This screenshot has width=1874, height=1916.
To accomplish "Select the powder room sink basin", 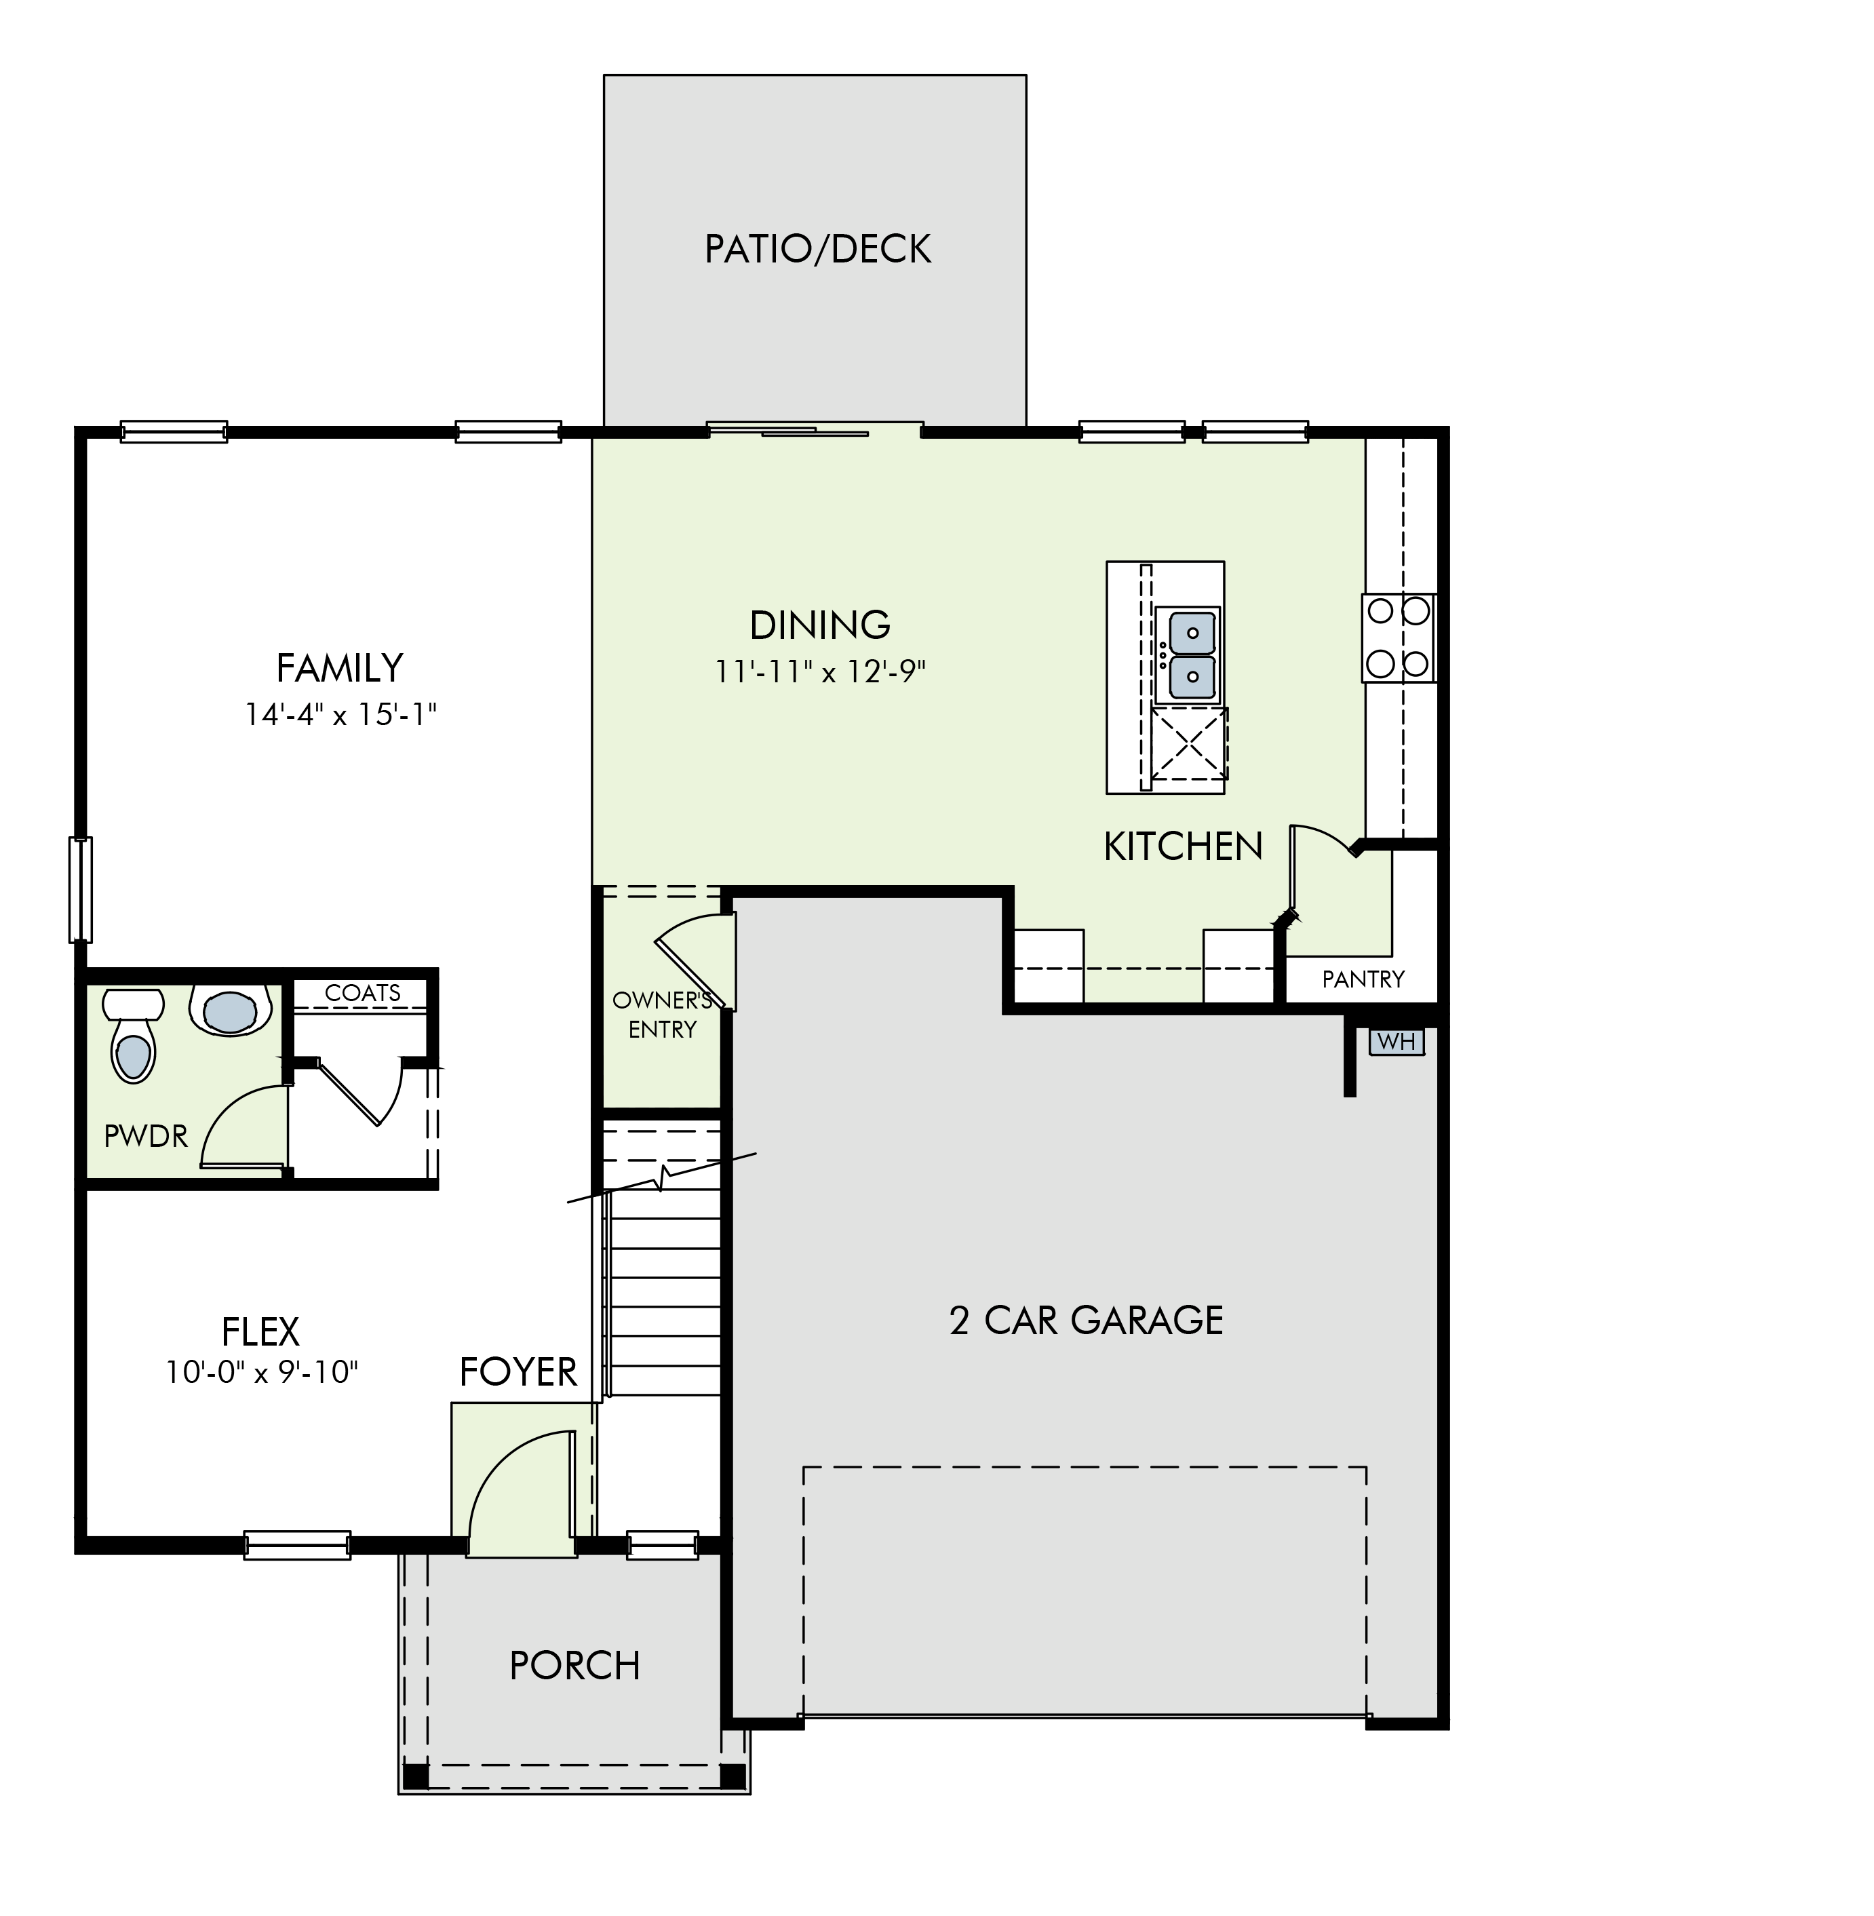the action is coord(229,1011).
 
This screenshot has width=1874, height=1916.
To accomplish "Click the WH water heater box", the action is coord(1396,1041).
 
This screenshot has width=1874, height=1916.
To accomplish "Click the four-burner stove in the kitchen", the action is coord(1399,638).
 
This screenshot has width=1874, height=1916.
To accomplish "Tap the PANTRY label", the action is coord(1363,979).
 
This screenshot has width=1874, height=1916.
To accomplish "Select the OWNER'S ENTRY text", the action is coord(663,1015).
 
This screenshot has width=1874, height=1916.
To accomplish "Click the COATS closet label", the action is coord(363,993).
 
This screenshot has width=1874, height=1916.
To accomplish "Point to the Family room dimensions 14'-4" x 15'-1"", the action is coord(340,714).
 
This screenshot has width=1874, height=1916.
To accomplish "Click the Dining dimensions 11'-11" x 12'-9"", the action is coord(821,672).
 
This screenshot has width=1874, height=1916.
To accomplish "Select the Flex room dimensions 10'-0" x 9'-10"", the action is coord(262,1372).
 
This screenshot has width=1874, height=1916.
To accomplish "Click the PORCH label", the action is coord(574,1666).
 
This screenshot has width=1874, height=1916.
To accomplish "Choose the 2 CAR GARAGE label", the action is coord(1087,1321).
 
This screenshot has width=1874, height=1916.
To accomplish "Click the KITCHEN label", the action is coord(1183,846).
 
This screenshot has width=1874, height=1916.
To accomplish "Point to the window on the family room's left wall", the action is coord(80,890).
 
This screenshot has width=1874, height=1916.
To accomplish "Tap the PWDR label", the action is coord(146,1137).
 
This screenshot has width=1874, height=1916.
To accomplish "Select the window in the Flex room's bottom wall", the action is coord(297,1545).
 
